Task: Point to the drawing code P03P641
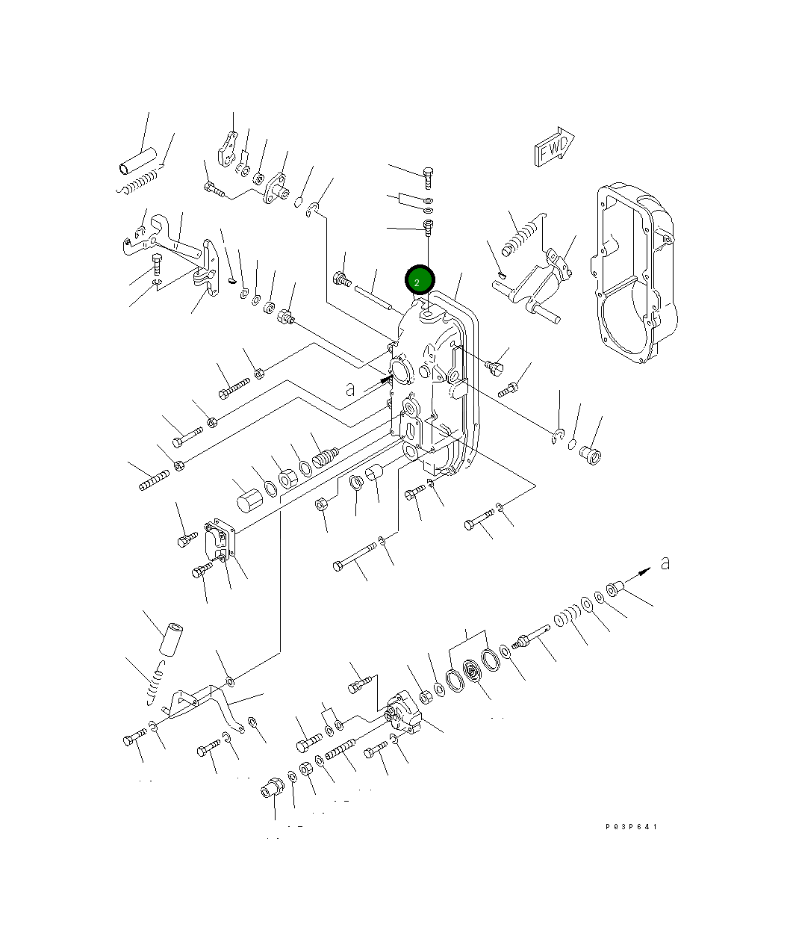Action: click(632, 827)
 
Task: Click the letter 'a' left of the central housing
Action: click(350, 388)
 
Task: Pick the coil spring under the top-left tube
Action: click(140, 182)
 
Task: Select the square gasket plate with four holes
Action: click(220, 540)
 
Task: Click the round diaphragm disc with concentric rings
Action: click(472, 672)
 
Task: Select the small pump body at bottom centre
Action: click(404, 715)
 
